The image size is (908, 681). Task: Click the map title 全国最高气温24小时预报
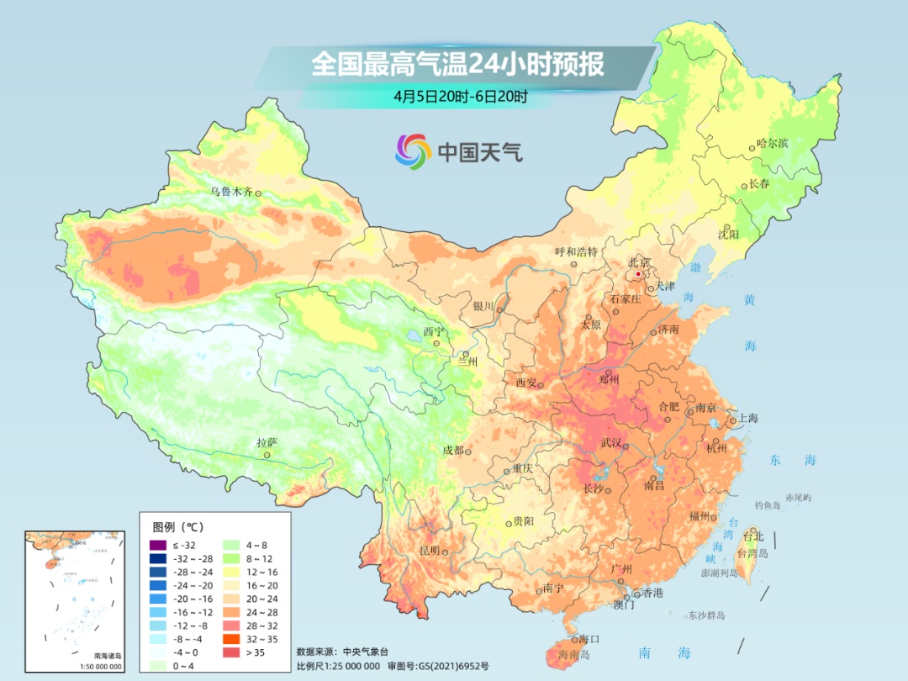point(457,65)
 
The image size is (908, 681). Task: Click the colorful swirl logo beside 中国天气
point(413,151)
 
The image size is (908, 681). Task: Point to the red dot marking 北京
point(638,274)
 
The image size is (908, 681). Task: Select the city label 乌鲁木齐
point(231,192)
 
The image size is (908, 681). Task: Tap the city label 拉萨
point(267,442)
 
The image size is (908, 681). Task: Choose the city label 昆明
point(429,551)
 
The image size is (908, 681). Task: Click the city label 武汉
point(611,443)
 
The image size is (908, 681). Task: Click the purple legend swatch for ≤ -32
point(157,546)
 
